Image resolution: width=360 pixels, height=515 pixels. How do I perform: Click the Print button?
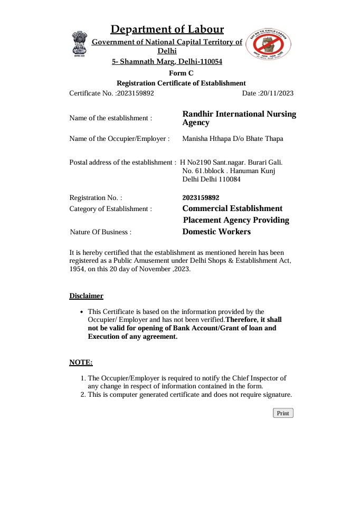[x=283, y=413]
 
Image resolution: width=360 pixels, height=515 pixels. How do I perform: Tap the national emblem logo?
[x=79, y=43]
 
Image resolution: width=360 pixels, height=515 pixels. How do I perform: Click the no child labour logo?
[x=269, y=44]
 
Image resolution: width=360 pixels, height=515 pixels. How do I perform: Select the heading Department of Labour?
[x=167, y=30]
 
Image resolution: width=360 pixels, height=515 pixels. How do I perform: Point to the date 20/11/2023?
[x=276, y=93]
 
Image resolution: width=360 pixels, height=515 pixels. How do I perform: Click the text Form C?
[x=181, y=73]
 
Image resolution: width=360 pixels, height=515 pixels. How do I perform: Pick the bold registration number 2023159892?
[x=201, y=198]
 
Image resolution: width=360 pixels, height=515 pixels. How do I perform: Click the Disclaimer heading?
[x=87, y=296]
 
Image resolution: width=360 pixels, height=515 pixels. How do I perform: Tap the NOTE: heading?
[x=81, y=363]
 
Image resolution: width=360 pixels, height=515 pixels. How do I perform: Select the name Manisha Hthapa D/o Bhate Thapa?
[x=233, y=139]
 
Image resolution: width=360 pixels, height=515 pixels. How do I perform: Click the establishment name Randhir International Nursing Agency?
[x=239, y=118]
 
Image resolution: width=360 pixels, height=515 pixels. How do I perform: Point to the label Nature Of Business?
[x=100, y=232]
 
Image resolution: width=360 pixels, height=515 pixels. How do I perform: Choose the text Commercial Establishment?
[x=232, y=208]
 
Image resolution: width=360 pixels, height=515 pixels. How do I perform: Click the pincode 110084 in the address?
[x=230, y=179]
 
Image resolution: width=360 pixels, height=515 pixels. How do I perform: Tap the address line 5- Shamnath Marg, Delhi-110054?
[x=167, y=62]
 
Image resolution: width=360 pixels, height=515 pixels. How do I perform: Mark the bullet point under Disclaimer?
[x=81, y=312]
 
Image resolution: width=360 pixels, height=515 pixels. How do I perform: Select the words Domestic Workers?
[x=216, y=232]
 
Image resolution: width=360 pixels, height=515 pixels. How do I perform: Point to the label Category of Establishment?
[x=110, y=209]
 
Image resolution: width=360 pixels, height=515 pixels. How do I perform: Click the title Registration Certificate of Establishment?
[x=181, y=83]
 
